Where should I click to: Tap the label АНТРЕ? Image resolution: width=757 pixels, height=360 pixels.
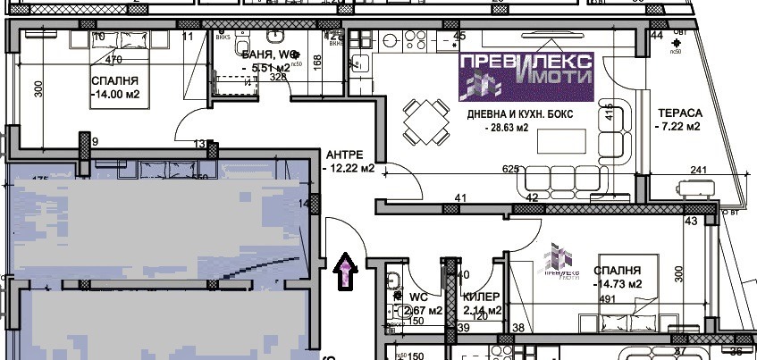[343, 152]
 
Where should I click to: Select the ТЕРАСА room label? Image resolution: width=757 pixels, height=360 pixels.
[680, 113]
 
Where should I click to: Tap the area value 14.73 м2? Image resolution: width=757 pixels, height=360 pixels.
[618, 285]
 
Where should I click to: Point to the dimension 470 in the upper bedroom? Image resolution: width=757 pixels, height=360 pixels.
[114, 60]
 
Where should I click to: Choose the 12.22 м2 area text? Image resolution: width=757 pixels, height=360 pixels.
[347, 168]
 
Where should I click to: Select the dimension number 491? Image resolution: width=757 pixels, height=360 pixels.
[610, 299]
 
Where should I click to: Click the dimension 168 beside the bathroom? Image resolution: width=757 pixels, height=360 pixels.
[317, 72]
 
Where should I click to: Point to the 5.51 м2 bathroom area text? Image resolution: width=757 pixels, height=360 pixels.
[265, 67]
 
